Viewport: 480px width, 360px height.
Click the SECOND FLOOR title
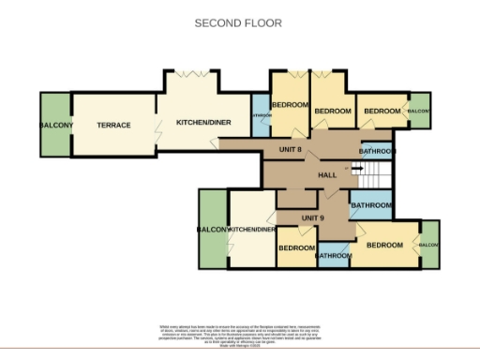238,22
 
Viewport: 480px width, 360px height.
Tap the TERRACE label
113,126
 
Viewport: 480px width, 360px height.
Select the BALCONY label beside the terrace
56,126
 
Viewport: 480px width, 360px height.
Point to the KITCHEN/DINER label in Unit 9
251,230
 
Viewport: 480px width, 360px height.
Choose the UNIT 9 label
312,218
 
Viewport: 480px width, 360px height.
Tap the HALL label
327,175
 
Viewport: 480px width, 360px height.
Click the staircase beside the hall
376,172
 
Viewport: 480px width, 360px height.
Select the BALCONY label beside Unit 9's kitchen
213,230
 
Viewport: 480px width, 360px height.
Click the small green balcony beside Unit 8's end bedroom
418,112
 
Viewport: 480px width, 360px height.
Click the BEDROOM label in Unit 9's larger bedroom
384,246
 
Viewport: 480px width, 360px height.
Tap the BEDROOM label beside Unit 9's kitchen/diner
295,247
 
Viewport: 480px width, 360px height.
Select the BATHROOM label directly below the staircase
370,205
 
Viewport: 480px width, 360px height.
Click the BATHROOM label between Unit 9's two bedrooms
333,255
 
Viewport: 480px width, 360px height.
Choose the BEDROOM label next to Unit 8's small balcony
382,112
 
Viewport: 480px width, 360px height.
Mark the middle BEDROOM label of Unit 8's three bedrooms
332,112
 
